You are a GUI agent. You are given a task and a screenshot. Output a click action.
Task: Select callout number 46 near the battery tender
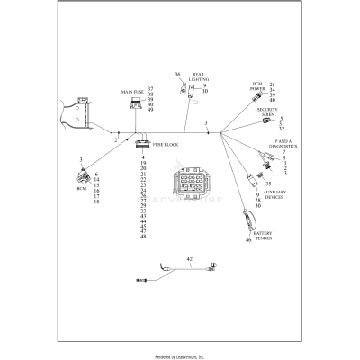(248, 240)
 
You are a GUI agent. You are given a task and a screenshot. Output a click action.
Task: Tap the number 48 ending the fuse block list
(144, 237)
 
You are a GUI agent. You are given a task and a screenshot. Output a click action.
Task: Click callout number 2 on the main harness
(115, 140)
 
